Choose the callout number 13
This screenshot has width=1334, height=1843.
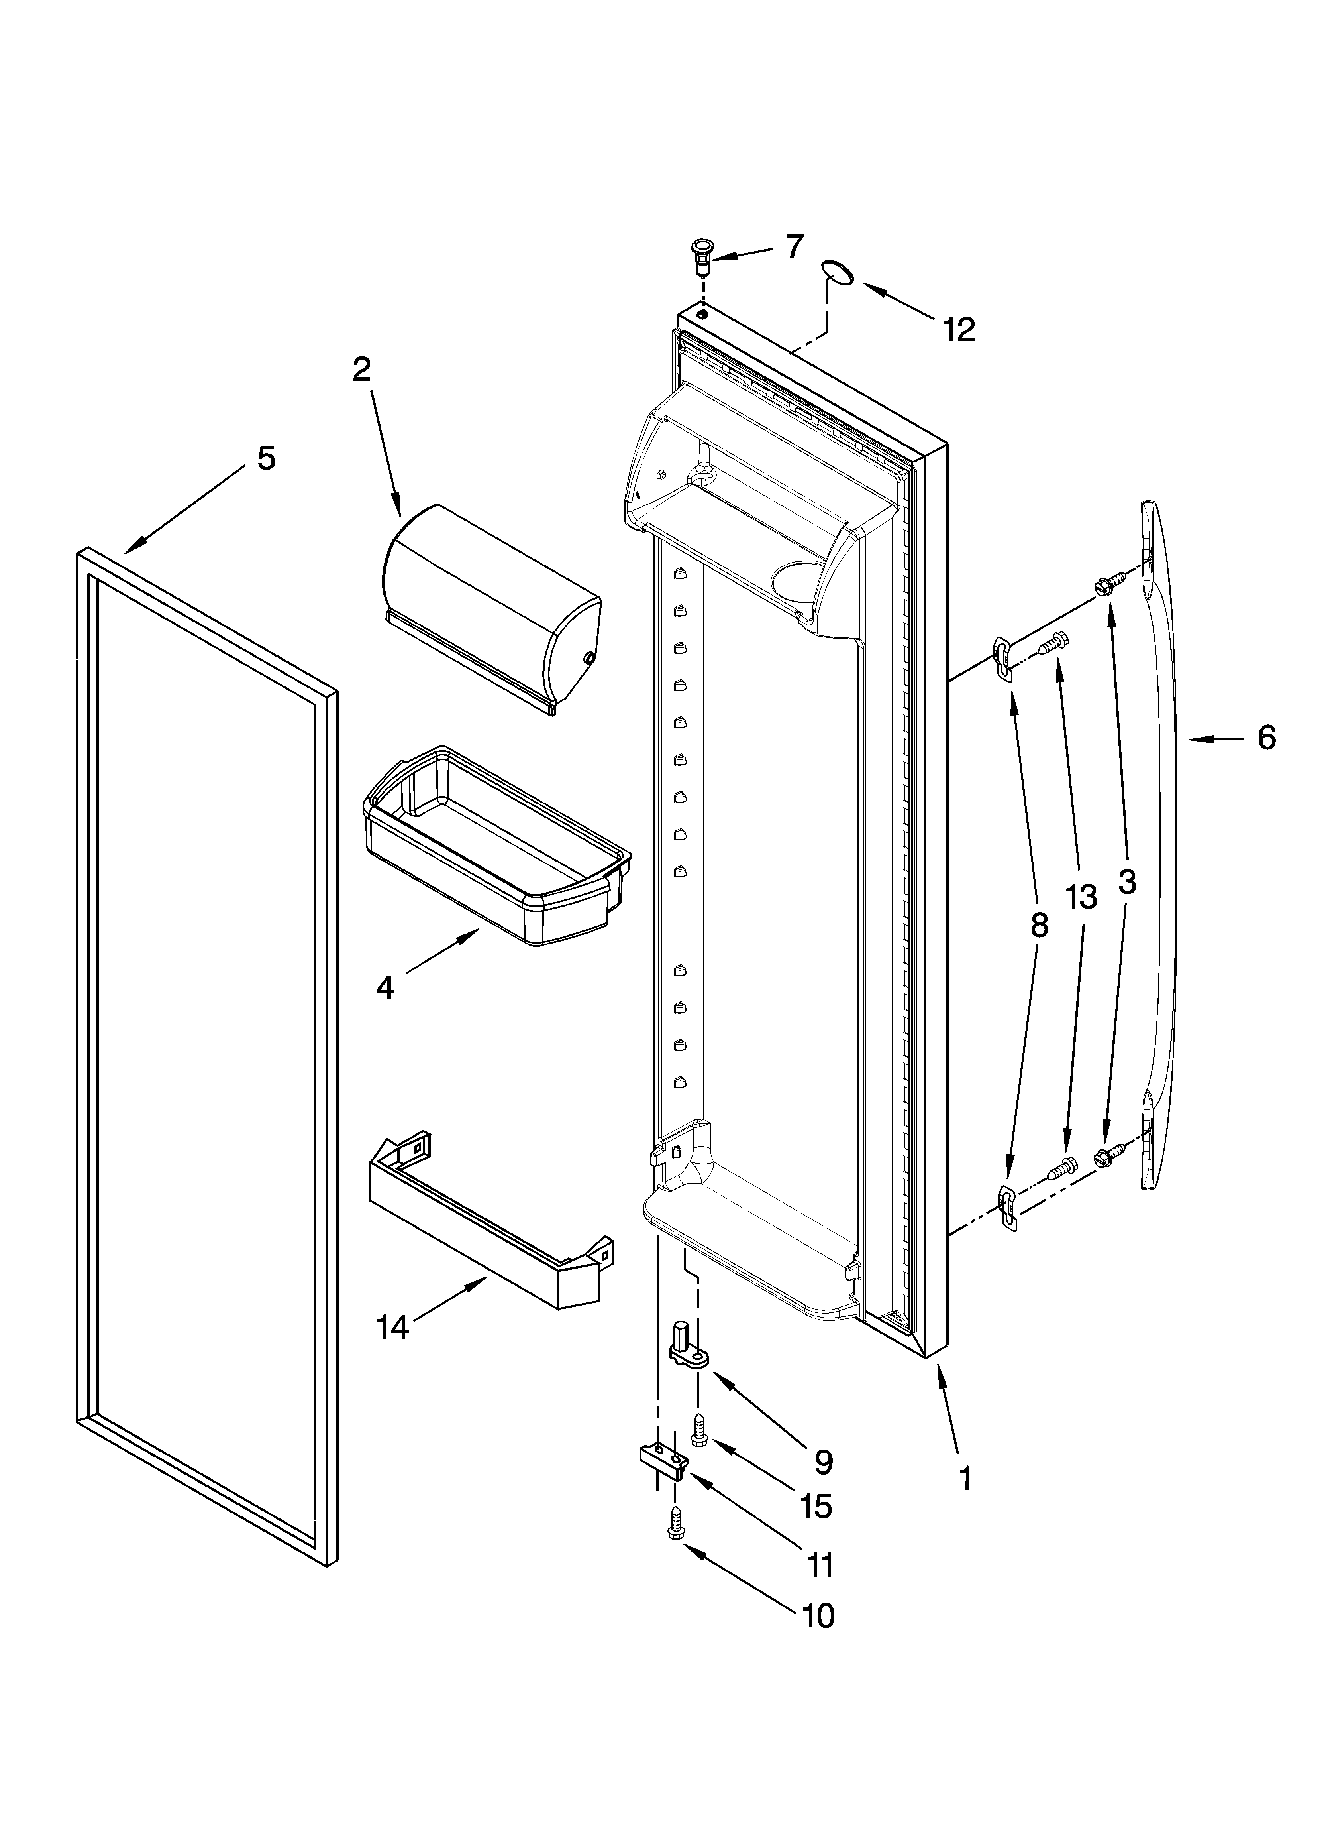point(1081,897)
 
